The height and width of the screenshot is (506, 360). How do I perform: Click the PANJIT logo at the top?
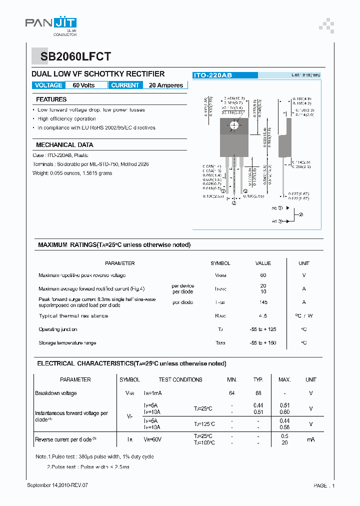point(50,23)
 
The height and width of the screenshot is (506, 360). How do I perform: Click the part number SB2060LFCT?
point(72,56)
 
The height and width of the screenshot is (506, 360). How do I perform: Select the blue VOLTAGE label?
point(48,85)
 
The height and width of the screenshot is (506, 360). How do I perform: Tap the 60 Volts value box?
point(83,85)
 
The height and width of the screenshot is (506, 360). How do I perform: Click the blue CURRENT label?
point(125,85)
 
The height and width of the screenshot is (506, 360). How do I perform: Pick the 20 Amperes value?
point(166,85)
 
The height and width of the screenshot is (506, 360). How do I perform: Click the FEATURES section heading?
point(51,99)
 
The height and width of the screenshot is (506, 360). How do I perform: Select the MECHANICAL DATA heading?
point(64,144)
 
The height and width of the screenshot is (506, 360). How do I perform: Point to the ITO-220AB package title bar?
point(225,75)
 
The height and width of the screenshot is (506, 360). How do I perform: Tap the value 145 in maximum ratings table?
point(263,302)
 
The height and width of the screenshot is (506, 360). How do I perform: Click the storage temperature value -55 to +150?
point(263,343)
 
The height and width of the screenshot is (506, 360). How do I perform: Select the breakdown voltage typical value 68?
point(258,393)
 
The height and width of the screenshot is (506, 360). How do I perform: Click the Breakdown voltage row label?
point(56,393)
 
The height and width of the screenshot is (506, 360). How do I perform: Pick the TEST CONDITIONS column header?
point(180,379)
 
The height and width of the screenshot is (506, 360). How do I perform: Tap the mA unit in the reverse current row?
point(310,439)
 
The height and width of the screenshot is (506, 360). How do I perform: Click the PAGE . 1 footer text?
point(324,485)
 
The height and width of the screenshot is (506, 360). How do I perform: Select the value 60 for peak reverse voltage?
point(263,275)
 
